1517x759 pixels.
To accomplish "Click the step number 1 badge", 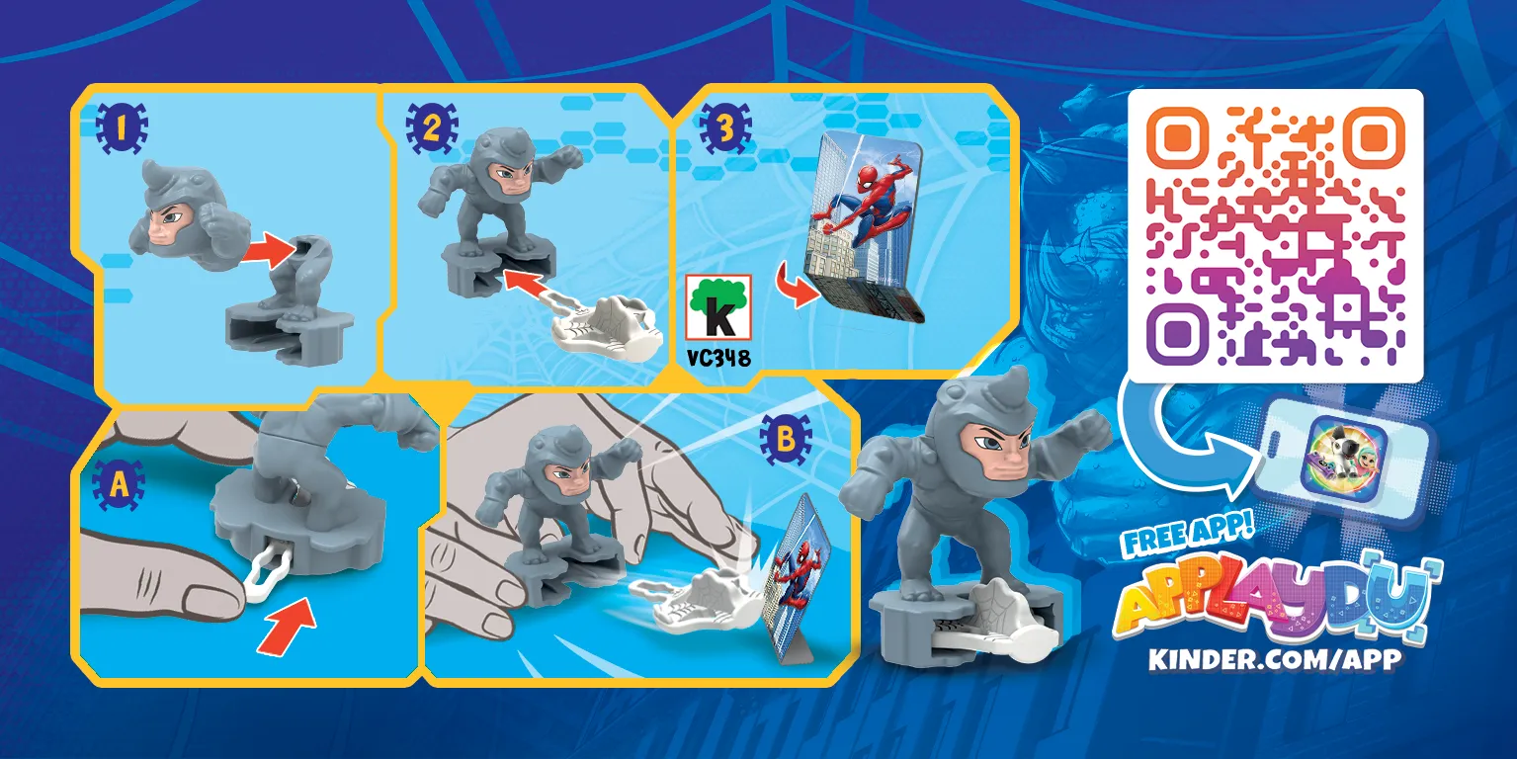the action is (x=122, y=128).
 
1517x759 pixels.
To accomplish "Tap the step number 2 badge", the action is (x=432, y=128).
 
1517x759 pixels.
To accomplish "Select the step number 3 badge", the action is (x=725, y=128).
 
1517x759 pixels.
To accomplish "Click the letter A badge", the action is (x=119, y=485).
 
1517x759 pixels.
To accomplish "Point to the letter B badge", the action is (x=786, y=440).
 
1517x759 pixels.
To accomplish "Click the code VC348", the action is (x=718, y=358).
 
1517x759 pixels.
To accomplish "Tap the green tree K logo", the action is (x=718, y=307).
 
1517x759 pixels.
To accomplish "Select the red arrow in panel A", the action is (x=288, y=625).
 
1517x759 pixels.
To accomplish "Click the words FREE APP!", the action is (x=1188, y=532).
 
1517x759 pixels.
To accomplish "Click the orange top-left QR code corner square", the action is (x=1178, y=138).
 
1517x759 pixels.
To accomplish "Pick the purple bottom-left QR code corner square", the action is (x=1178, y=334).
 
